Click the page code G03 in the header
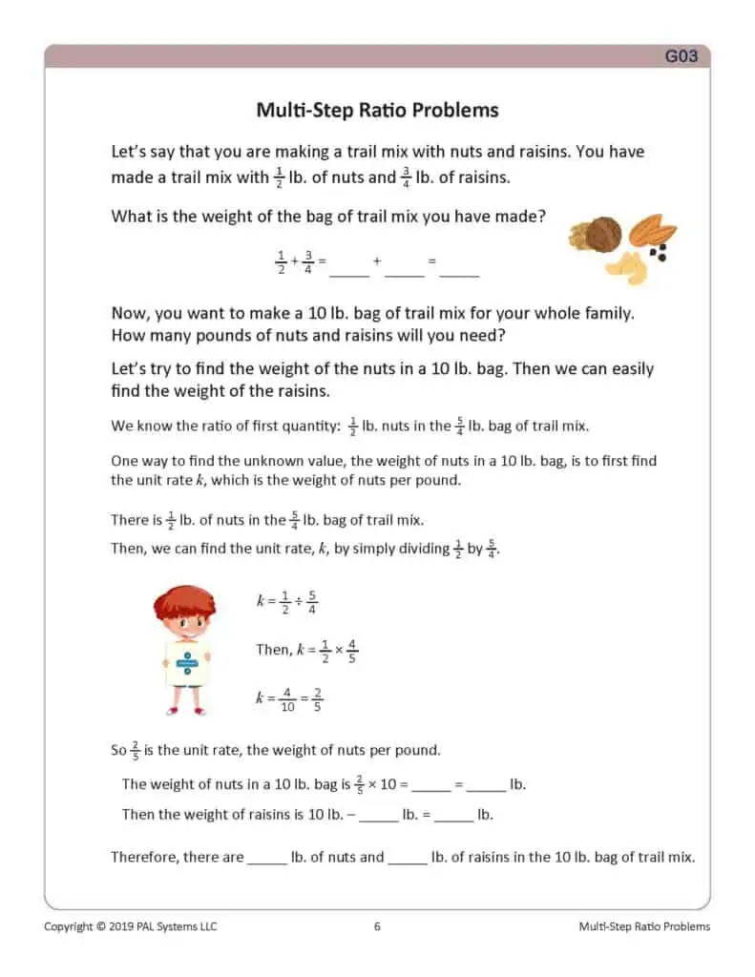tap(682, 56)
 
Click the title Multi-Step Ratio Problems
tap(377, 110)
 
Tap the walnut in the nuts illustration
tap(601, 233)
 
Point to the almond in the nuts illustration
tap(654, 232)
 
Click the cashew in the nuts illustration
tap(626, 268)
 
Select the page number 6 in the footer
tap(377, 926)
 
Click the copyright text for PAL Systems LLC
tap(131, 926)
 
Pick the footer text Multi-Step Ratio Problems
tap(644, 926)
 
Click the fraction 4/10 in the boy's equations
tap(287, 698)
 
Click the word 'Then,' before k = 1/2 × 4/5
tap(273, 650)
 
